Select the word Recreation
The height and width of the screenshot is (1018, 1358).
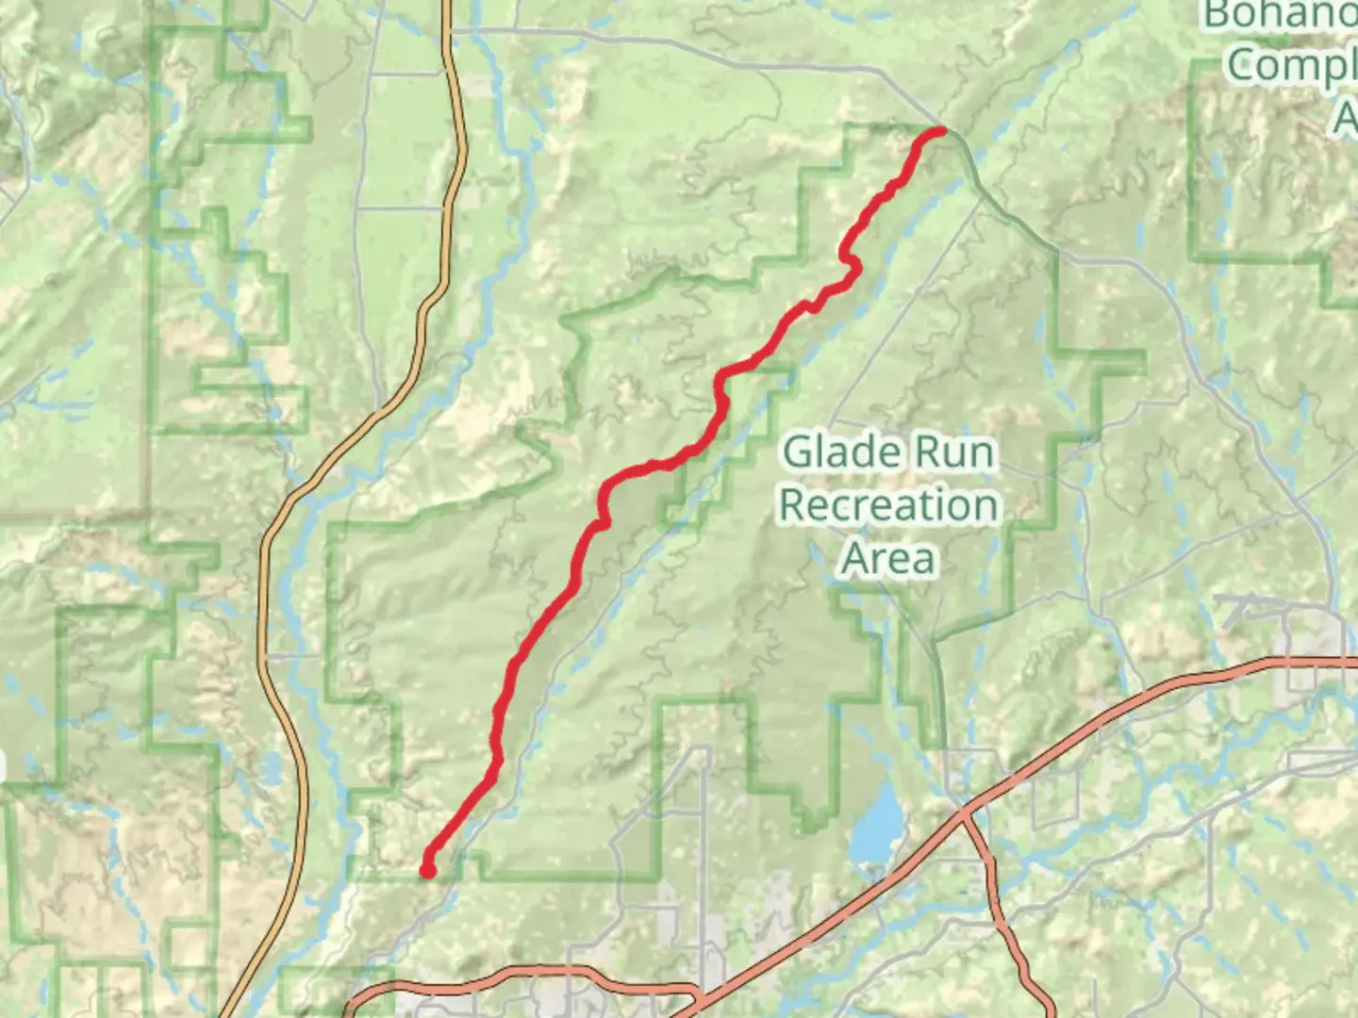[887, 506]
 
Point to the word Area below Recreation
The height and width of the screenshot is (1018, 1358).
[888, 559]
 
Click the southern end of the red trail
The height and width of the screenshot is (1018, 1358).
[428, 870]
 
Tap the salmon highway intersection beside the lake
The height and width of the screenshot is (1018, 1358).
[963, 813]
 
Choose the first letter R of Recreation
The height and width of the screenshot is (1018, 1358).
[792, 506]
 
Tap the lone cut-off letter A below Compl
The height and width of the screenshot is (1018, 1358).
[1347, 118]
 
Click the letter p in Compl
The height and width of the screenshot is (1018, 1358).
[1326, 68]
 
